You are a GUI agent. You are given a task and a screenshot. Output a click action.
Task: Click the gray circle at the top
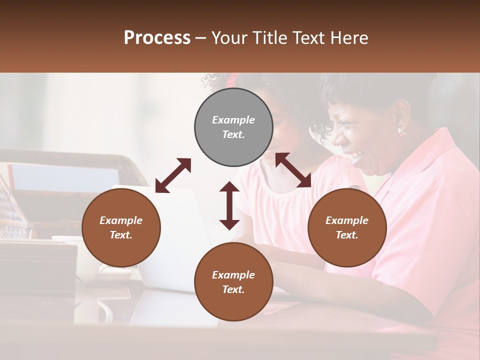click(x=233, y=127)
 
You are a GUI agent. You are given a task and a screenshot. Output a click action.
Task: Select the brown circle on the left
click(x=121, y=228)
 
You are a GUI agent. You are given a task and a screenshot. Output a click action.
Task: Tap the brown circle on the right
click(x=347, y=228)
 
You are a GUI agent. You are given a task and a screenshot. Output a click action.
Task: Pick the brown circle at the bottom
click(x=233, y=282)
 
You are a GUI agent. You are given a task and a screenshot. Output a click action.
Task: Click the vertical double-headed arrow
click(x=229, y=205)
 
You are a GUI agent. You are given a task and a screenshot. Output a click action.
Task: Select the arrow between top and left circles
click(x=173, y=175)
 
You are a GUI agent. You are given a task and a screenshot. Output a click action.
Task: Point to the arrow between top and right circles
click(x=293, y=170)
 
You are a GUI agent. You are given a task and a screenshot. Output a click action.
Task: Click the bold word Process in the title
click(x=157, y=37)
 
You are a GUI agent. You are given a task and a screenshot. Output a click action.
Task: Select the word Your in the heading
click(x=228, y=37)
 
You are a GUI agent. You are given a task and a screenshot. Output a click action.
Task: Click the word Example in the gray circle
click(x=233, y=120)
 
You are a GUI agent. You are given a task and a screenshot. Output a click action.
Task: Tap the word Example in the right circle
click(x=347, y=220)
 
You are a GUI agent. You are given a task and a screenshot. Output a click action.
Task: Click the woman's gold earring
click(x=401, y=130)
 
